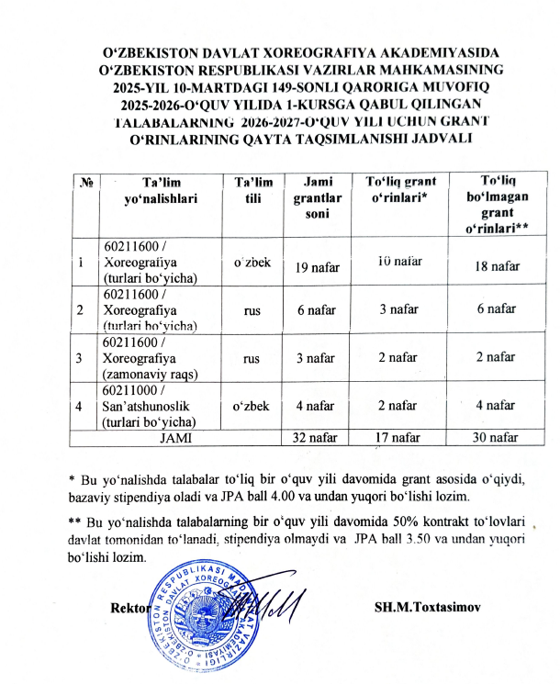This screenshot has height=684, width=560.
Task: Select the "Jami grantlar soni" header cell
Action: pos(311,197)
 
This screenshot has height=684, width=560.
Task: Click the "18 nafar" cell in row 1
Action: pos(496,266)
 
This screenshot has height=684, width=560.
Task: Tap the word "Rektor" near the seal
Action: pos(129,610)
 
